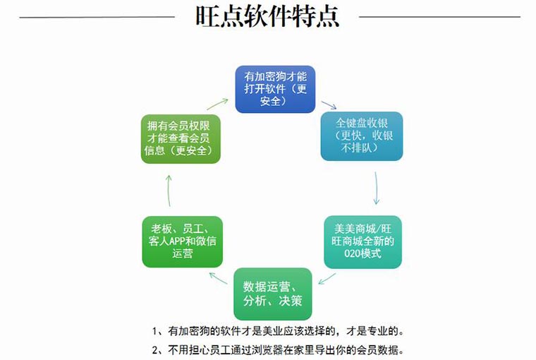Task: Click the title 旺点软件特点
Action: [x=267, y=16]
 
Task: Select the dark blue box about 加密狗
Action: [x=275, y=89]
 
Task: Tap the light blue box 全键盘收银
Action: [x=361, y=136]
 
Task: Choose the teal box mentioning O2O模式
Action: [x=363, y=241]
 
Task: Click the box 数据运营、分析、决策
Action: [x=273, y=294]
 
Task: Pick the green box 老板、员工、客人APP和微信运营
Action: [x=182, y=241]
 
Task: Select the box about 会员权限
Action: [x=181, y=138]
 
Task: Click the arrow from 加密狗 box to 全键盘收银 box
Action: [x=329, y=105]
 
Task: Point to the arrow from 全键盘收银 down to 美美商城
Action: [x=377, y=188]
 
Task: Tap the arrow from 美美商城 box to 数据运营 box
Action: [x=327, y=279]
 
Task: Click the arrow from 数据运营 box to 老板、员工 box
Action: [x=218, y=278]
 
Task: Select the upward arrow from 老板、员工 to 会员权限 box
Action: [x=169, y=191]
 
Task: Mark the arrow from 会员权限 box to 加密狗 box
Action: [x=217, y=104]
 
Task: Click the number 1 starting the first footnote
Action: [x=155, y=331]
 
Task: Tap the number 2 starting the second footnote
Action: [x=155, y=349]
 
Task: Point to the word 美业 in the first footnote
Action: [x=273, y=331]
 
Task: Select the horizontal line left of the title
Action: [x=97, y=16]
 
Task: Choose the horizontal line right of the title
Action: [x=439, y=16]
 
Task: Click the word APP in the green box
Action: [x=178, y=241]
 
